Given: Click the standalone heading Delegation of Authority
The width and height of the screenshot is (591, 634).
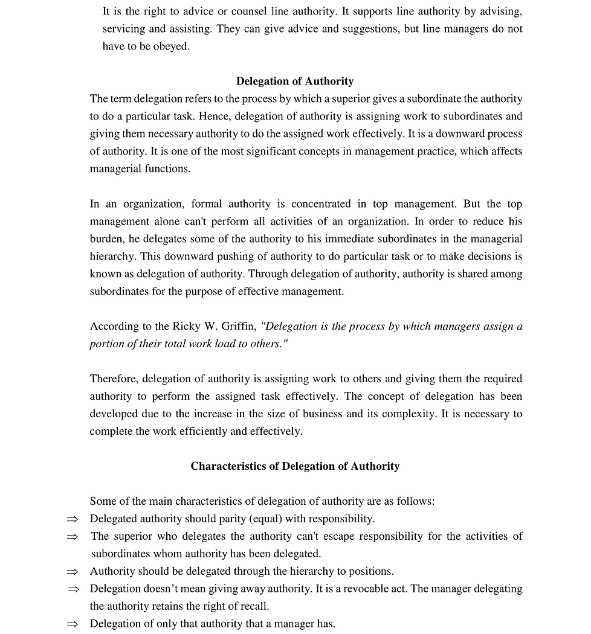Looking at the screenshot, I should click(x=295, y=81).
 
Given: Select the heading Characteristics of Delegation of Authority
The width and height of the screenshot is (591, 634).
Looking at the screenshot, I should click(x=295, y=466).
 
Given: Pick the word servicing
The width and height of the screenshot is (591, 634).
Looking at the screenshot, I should click(x=124, y=28).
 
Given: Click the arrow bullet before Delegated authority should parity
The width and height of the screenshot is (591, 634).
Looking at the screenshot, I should click(x=73, y=519).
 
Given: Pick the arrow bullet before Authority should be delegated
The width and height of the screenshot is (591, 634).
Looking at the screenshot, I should click(x=73, y=571).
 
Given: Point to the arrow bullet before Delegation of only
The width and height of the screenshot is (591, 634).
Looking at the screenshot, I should click(x=73, y=624).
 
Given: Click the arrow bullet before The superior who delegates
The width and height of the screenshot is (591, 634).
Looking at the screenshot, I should click(x=73, y=536).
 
